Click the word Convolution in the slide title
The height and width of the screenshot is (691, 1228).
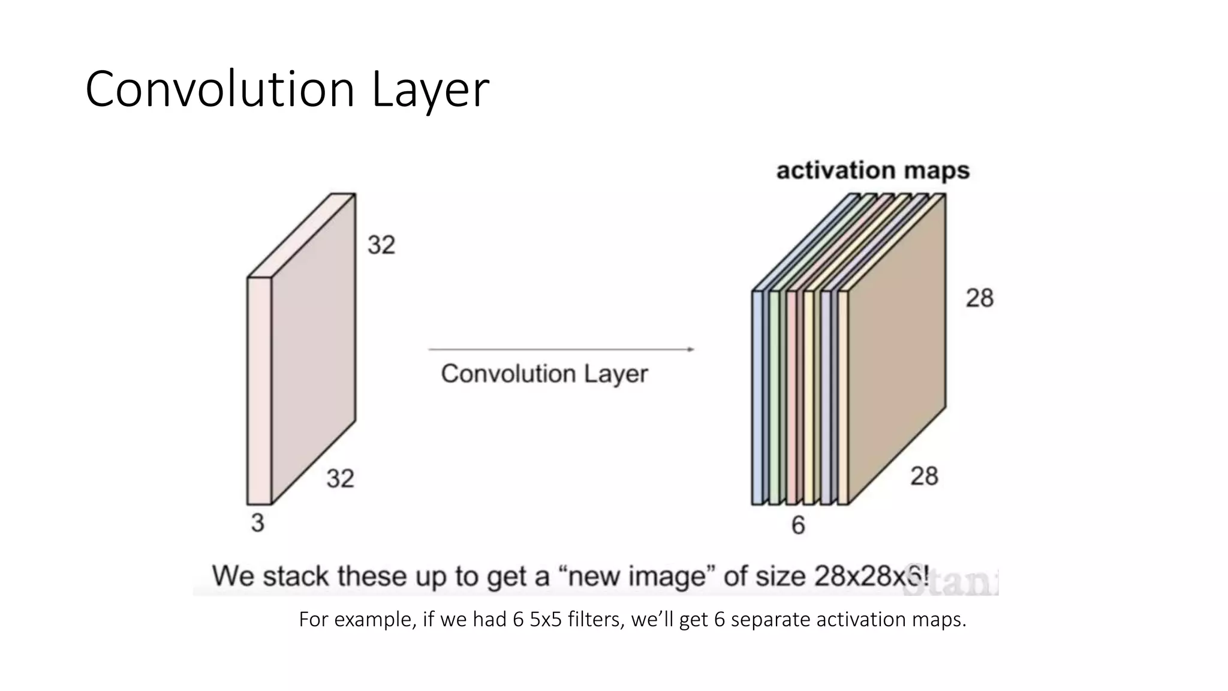(x=220, y=90)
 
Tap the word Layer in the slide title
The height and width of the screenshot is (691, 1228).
(x=431, y=90)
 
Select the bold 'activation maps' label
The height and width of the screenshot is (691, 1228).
(x=872, y=171)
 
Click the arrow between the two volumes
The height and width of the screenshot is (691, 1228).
(x=561, y=349)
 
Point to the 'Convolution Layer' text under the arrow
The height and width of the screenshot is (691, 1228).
(x=544, y=374)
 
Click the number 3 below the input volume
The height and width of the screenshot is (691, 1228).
(x=257, y=523)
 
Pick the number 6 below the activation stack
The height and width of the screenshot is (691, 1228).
(x=798, y=525)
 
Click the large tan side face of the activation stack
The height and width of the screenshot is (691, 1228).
(x=897, y=348)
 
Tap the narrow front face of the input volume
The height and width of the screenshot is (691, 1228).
(x=259, y=390)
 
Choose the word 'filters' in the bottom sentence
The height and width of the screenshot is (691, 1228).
(x=596, y=619)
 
